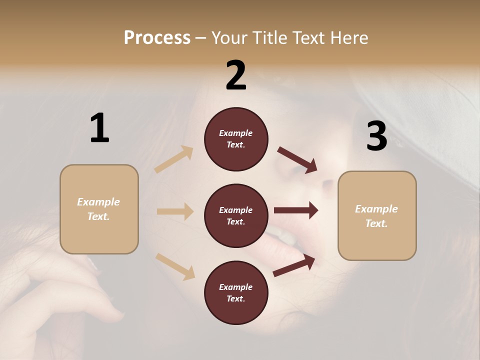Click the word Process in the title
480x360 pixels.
click(157, 37)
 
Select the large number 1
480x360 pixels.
click(99, 128)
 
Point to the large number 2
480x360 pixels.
click(236, 75)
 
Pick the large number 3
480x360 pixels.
click(376, 136)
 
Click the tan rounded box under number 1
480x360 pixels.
click(99, 209)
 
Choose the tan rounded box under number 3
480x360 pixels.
click(377, 215)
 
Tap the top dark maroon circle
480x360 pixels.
click(236, 139)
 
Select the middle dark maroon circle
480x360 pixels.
click(236, 215)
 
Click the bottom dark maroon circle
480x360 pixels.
click(236, 292)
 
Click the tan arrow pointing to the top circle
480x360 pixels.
click(174, 159)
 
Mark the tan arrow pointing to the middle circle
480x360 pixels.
click(175, 211)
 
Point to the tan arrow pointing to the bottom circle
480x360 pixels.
click(175, 266)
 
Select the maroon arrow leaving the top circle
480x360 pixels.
click(297, 159)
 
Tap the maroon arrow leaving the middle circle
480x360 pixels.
click(296, 210)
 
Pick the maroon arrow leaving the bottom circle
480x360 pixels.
click(294, 265)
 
